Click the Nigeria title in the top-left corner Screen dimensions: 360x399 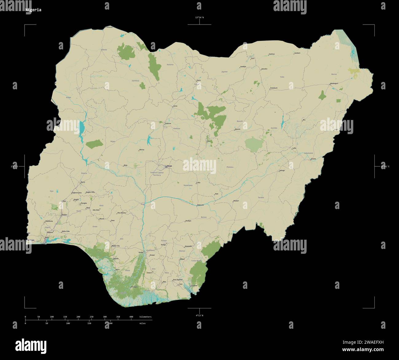pos(33,10)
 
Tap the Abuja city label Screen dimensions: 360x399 pos(169,166)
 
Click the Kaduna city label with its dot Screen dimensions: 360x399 pos(168,123)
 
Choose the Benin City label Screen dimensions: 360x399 pos(115,246)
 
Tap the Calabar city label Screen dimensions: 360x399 pos(194,285)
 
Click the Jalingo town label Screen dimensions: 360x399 pos(282,170)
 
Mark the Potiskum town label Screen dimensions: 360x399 pos(274,88)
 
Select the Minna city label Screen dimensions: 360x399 pos(141,150)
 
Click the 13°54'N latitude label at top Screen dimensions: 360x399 pos(199,17)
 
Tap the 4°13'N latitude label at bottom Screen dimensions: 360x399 pos(199,315)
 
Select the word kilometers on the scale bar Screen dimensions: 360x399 pos(145,316)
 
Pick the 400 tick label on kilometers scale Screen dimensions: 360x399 pos(131,316)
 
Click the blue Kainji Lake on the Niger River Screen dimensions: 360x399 pos(82,128)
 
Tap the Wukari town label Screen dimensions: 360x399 pos(236,201)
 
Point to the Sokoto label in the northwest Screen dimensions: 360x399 pos(104,49)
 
